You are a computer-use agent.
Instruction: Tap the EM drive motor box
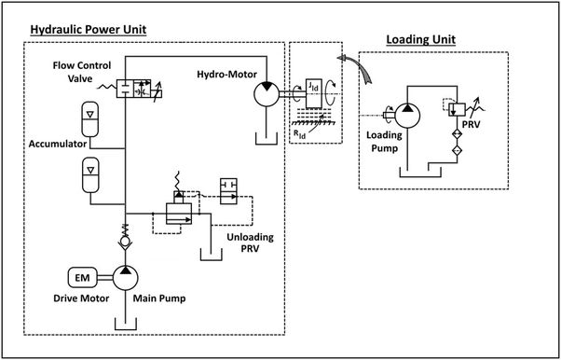click(83, 277)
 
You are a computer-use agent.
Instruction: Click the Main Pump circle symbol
click(125, 277)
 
